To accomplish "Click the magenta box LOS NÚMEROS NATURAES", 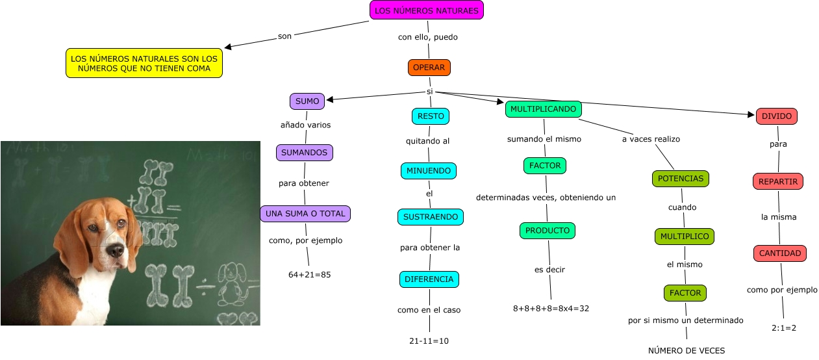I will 427,11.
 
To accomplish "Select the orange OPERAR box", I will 429,68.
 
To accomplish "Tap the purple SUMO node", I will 307,101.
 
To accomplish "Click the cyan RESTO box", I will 431,116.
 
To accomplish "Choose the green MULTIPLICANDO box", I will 543,109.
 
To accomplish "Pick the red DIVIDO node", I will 776,116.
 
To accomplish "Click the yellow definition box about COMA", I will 144,63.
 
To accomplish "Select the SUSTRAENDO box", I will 431,217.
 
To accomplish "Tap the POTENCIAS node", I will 680,178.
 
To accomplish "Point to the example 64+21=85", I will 310,275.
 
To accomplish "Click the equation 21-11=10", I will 429,341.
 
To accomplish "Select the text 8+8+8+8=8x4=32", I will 551,308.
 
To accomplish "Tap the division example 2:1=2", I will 784,328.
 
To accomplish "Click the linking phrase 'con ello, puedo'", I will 428,37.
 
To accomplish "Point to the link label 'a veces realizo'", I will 651,139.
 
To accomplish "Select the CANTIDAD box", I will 780,253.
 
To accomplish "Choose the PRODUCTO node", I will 548,231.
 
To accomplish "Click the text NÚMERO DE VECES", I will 687,351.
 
